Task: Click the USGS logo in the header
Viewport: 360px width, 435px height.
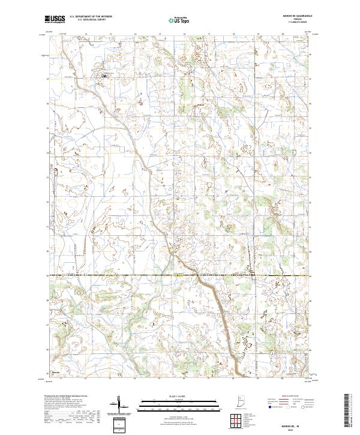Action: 55,19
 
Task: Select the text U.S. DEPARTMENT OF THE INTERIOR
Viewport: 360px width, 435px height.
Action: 91,17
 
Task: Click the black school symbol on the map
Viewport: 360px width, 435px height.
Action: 104,76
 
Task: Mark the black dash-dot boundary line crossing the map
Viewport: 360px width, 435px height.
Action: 180,275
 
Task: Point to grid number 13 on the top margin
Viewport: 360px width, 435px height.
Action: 86,35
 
